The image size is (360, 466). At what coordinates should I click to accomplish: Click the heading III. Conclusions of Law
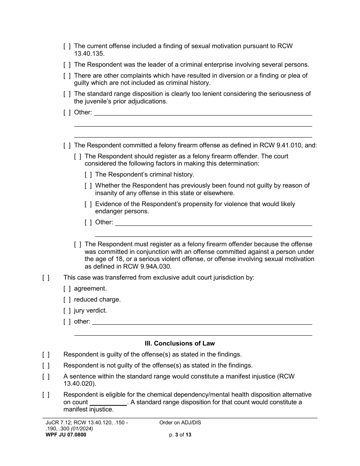[x=180, y=343]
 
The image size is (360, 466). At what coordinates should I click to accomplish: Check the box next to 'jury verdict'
[x=67, y=311]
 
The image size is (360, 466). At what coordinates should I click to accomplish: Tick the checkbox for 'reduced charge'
[x=67, y=300]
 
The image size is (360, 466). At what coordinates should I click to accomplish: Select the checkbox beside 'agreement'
[x=67, y=289]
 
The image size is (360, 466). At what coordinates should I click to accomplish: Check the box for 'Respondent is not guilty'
[x=46, y=366]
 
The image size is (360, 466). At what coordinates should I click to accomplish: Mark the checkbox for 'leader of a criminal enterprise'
[x=67, y=65]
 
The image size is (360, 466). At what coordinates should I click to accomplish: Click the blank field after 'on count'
[x=108, y=402]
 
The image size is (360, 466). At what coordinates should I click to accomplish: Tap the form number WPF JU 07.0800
[x=65, y=435]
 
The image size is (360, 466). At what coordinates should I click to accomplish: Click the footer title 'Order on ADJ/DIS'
[x=180, y=423]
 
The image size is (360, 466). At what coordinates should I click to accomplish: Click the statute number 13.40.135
[x=88, y=54]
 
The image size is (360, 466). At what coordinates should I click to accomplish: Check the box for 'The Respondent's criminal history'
[x=88, y=175]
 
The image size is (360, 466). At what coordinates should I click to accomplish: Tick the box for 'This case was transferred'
[x=46, y=278]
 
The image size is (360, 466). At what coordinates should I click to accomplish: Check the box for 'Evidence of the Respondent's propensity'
[x=88, y=204]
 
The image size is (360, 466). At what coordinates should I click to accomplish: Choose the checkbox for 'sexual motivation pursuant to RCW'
[x=67, y=46]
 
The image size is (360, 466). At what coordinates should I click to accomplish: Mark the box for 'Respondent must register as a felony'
[x=78, y=244]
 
